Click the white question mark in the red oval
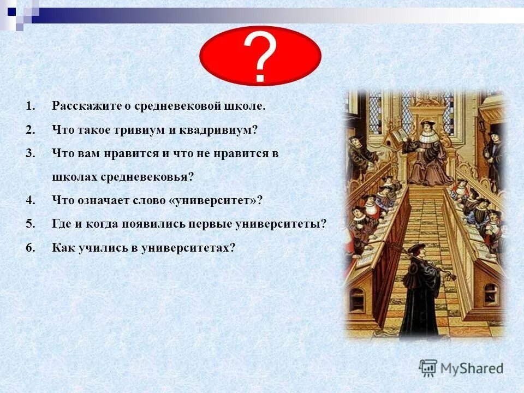[260, 58]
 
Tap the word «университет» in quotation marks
[216, 200]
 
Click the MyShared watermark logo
[461, 368]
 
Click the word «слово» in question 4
[150, 200]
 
